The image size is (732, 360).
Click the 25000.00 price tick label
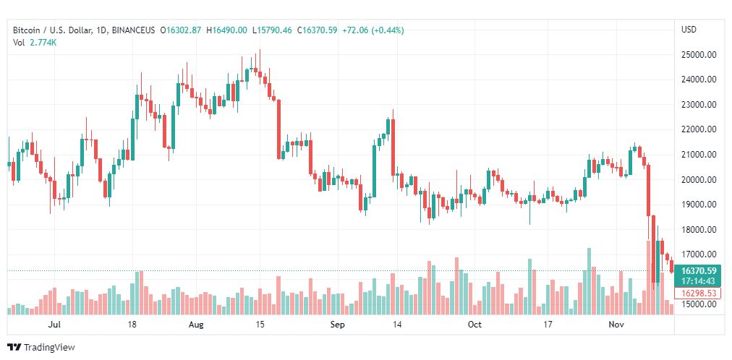(x=698, y=54)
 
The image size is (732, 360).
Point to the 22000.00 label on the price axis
(x=698, y=129)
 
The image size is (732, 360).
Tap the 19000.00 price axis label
(x=698, y=205)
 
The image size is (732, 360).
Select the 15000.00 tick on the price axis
(x=698, y=304)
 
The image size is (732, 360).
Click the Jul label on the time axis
(x=54, y=325)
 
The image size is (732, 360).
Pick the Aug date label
(x=197, y=325)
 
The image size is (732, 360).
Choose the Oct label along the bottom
(x=474, y=325)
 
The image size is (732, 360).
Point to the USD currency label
(x=689, y=30)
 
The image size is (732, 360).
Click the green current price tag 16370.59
(x=698, y=271)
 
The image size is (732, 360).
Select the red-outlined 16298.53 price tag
(x=698, y=293)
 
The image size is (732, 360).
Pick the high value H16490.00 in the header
(x=228, y=30)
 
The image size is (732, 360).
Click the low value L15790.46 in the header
(x=272, y=30)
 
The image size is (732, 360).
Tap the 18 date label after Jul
(x=132, y=325)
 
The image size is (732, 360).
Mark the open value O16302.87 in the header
(x=182, y=30)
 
